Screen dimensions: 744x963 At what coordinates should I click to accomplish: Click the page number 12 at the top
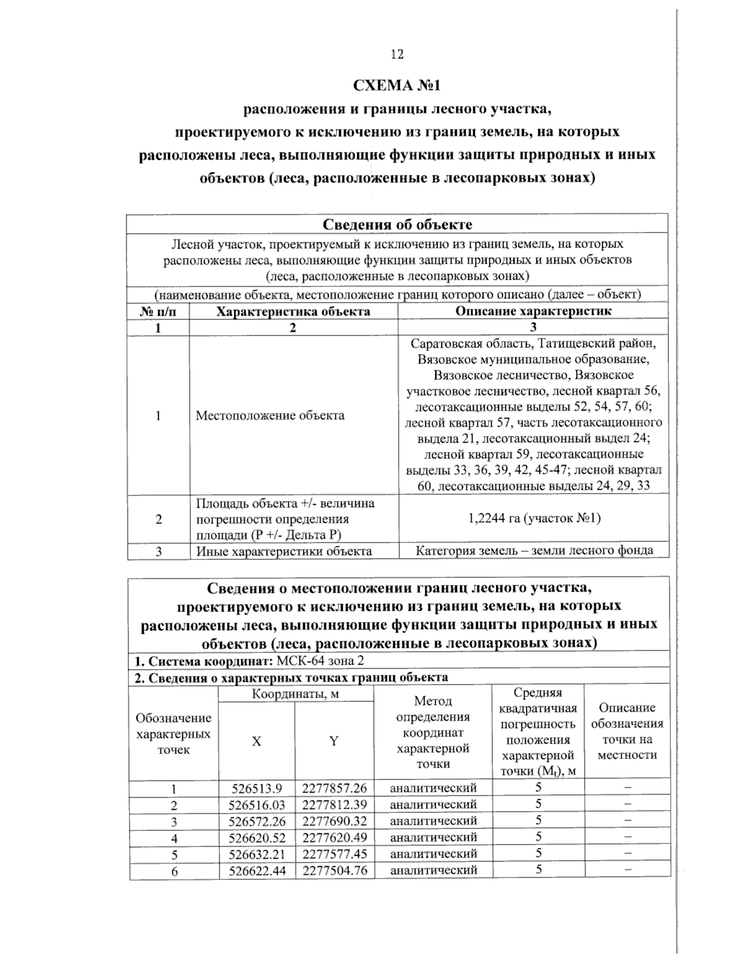397,55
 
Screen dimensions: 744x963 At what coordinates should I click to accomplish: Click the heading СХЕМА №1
396,85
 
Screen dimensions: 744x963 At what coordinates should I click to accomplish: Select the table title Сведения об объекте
397,224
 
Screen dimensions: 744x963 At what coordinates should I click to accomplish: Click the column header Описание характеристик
533,311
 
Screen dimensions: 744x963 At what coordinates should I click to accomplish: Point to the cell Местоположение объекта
270,415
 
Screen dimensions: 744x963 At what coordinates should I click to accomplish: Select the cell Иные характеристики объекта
284,551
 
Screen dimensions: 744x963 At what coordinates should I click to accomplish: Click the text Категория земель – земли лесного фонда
533,551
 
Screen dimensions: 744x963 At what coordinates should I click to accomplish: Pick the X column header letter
256,741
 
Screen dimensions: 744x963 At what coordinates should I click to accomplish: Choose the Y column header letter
334,741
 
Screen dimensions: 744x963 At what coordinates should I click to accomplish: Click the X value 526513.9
256,789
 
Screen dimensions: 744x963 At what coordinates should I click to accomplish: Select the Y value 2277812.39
334,805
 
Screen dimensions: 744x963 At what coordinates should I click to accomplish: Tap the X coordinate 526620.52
256,838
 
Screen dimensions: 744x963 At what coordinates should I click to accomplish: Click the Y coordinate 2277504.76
334,871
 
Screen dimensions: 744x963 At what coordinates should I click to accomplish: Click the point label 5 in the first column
174,854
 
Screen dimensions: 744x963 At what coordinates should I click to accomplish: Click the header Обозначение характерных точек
174,734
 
